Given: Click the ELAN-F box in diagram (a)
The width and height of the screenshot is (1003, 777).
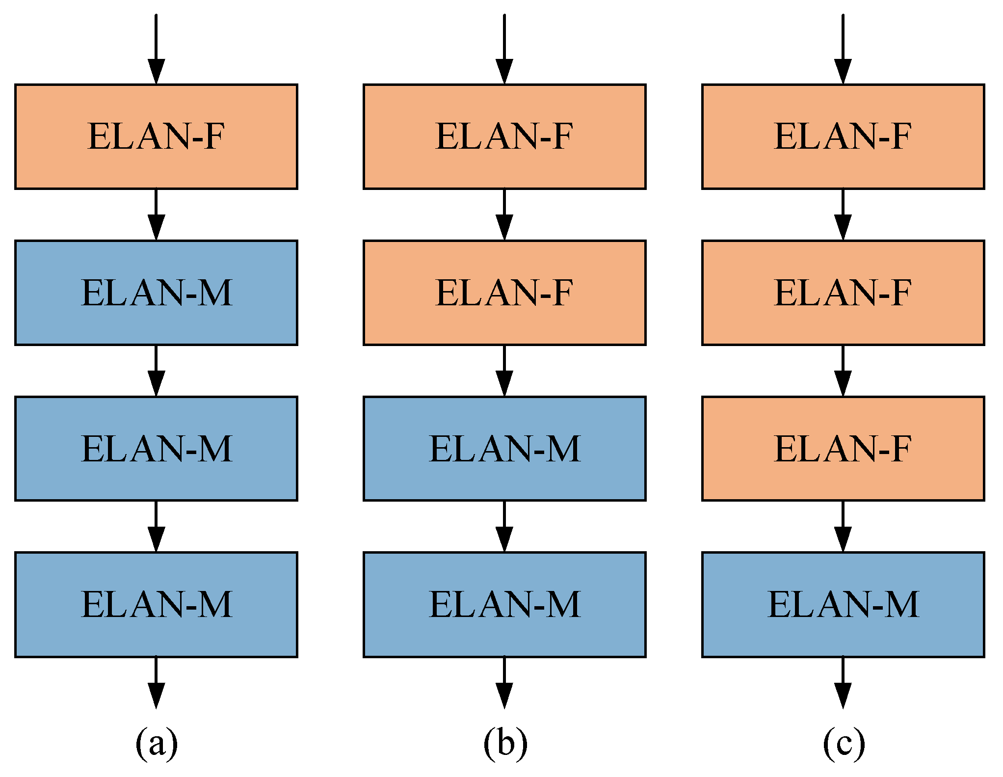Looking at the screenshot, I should pos(156,136).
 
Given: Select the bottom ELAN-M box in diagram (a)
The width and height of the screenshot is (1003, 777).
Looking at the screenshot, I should pos(156,604).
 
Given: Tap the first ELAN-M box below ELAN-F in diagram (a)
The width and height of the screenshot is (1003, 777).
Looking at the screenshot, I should pos(156,293).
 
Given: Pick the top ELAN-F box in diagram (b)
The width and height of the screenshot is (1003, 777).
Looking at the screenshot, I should pos(504,136).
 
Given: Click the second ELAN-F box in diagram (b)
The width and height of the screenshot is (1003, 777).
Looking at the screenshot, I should pos(504,293).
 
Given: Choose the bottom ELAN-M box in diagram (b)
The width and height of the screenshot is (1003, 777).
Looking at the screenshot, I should pos(504,604).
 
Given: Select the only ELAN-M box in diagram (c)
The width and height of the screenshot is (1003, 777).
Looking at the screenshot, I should pos(843,604).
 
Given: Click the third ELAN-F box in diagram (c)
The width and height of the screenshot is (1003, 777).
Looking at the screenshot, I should pos(843,448).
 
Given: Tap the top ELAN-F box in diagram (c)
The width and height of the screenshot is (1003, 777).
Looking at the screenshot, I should pos(843,136).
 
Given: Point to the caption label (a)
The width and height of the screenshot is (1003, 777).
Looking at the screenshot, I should pos(156,743).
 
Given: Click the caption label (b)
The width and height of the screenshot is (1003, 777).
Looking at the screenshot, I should pos(505,743).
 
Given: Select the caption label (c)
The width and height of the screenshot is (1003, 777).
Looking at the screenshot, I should pos(844,743).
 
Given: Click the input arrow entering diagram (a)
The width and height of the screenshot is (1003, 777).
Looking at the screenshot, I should pos(156,49).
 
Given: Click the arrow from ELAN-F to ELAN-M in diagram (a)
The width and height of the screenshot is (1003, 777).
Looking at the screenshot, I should pos(156,215).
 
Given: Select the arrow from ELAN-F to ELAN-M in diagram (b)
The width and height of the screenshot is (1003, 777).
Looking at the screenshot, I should pos(504,371).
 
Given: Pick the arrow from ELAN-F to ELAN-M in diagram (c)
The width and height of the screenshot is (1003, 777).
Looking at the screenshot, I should pos(843,527).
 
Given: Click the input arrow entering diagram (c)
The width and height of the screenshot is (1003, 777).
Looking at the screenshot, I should pos(843,49).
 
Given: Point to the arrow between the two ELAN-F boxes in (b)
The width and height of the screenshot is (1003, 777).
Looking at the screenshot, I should pos(504,215).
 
